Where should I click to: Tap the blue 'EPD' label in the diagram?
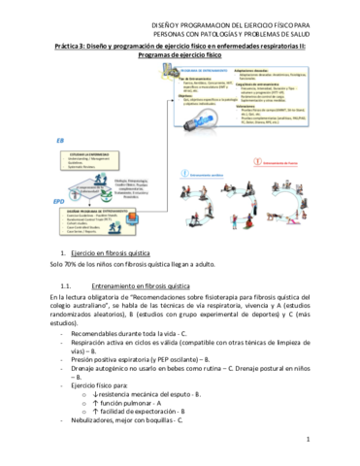(x=61, y=202)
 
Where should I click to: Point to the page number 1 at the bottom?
(x=306, y=439)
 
